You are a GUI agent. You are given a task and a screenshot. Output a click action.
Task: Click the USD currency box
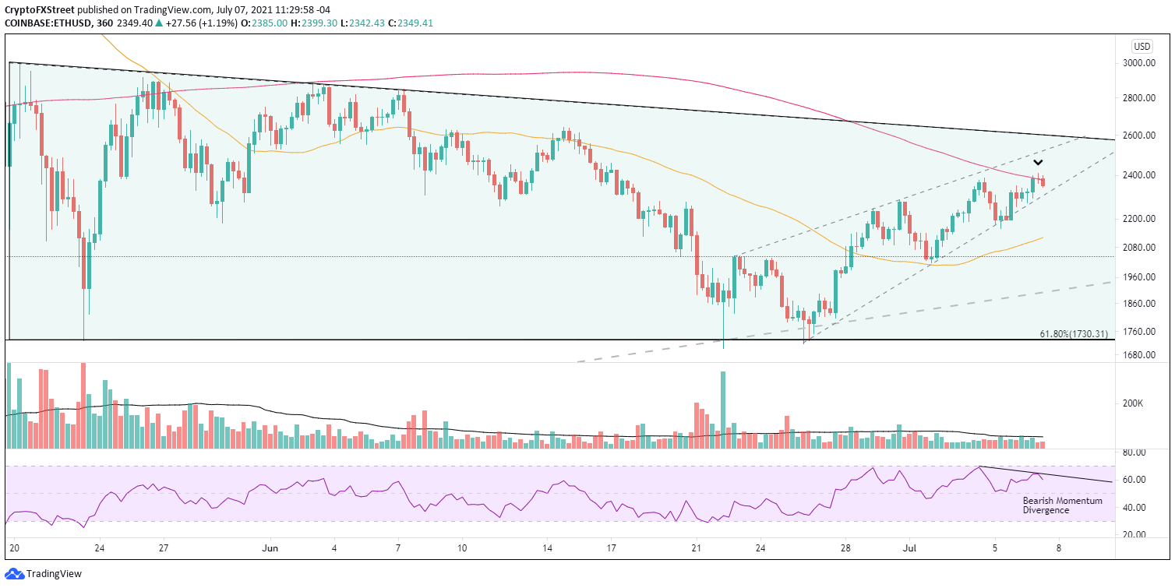pyautogui.click(x=1142, y=45)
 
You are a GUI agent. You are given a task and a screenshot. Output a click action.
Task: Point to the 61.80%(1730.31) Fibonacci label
pyautogui.click(x=1074, y=334)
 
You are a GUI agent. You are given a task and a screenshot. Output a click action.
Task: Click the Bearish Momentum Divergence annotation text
pyautogui.click(x=1062, y=505)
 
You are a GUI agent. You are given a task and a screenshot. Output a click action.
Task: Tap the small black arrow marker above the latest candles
pyautogui.click(x=1038, y=163)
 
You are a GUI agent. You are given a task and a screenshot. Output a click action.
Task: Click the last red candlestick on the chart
pyautogui.click(x=1043, y=182)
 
